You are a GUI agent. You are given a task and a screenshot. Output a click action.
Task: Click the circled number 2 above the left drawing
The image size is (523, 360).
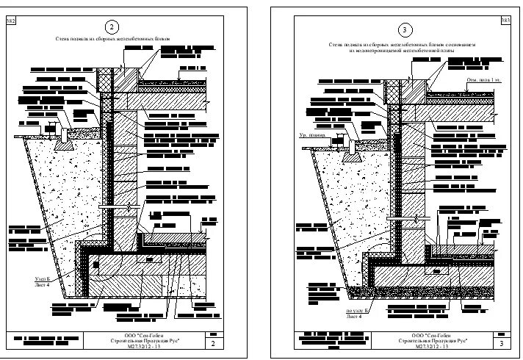(112, 28)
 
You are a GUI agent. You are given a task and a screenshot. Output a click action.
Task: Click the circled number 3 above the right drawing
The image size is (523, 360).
(405, 29)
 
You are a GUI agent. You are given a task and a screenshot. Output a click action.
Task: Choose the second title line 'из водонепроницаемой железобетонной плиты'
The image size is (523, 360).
(401, 51)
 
